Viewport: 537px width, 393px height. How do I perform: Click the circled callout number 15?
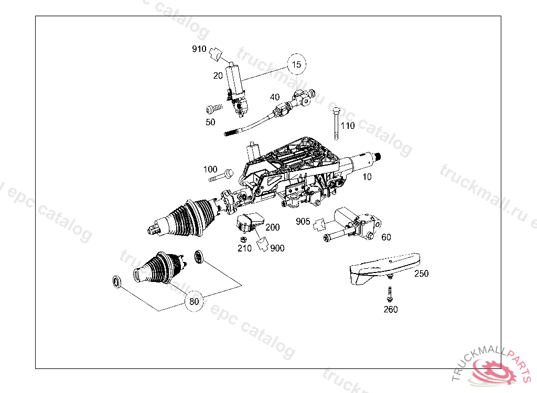(297, 64)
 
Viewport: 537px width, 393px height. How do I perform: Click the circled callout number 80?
(194, 301)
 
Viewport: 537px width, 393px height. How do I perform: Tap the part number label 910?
(199, 50)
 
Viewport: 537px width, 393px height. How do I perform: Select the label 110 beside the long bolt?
(348, 126)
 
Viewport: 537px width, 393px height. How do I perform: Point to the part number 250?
(421, 274)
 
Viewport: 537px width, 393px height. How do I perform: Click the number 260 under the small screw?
(391, 309)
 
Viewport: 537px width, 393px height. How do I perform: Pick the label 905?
(303, 221)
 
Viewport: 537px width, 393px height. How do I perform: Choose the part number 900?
(277, 248)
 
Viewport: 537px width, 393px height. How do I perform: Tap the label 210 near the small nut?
(244, 248)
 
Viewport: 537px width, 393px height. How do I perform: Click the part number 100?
(210, 169)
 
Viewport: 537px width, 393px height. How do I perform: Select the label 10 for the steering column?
(367, 177)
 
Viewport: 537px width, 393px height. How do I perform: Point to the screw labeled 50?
(212, 110)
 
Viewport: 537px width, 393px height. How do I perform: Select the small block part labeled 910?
(216, 53)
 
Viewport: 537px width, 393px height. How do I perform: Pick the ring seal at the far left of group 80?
(117, 282)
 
